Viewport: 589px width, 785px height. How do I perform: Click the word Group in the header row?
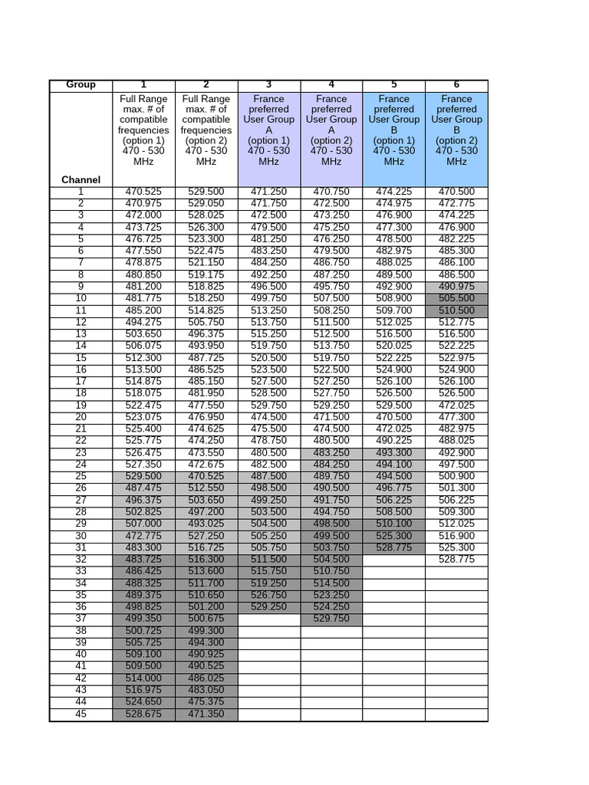pos(81,85)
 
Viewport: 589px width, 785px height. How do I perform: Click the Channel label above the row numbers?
pos(81,180)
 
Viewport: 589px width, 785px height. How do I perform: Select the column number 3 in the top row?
pos(268,85)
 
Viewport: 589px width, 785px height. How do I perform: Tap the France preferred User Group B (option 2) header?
pos(456,130)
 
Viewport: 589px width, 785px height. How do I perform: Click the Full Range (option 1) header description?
pos(143,130)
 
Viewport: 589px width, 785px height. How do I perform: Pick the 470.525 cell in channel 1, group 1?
pos(143,192)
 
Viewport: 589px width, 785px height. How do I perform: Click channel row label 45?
pos(81,714)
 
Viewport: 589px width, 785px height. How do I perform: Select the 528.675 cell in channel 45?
pos(143,714)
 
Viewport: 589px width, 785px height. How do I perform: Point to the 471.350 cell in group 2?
pos(206,714)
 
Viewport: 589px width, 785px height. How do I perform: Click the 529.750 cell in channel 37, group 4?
pos(331,619)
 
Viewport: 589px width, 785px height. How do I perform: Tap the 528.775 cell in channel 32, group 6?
pos(456,560)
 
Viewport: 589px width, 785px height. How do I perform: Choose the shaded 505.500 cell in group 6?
pos(456,299)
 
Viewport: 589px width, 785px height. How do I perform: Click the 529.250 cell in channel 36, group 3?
pos(268,607)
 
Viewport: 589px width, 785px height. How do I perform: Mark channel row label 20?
pos(81,418)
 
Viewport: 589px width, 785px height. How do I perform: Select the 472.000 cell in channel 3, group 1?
pos(143,215)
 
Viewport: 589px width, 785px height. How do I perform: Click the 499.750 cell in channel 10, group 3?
pos(268,299)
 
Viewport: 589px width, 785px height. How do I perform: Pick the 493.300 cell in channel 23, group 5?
pos(394,453)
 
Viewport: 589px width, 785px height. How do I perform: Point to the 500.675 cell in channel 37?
pos(206,619)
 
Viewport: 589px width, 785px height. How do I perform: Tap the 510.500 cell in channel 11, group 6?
pos(456,311)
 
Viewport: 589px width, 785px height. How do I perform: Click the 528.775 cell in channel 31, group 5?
pos(394,548)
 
